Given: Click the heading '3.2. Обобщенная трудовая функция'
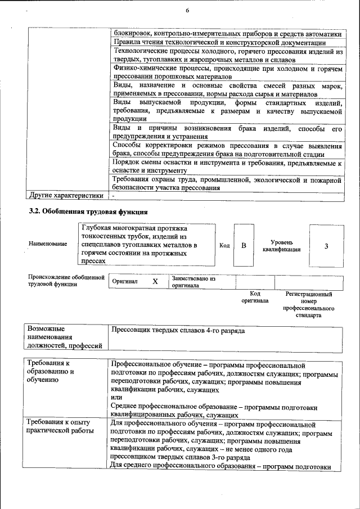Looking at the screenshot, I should [x=88, y=212].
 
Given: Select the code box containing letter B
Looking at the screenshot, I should [x=244, y=246].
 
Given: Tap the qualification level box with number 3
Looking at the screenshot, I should [x=326, y=246].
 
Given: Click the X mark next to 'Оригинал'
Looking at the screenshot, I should [x=155, y=281].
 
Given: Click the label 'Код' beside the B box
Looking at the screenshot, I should [x=224, y=246].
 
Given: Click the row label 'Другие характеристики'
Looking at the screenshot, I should [x=66, y=196].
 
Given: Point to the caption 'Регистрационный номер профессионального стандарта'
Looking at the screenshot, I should [x=309, y=305].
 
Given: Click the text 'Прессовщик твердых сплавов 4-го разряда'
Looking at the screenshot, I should [x=178, y=331].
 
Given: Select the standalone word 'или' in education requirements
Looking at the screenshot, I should [x=116, y=398].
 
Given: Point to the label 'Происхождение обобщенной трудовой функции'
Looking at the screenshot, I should [x=66, y=280].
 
